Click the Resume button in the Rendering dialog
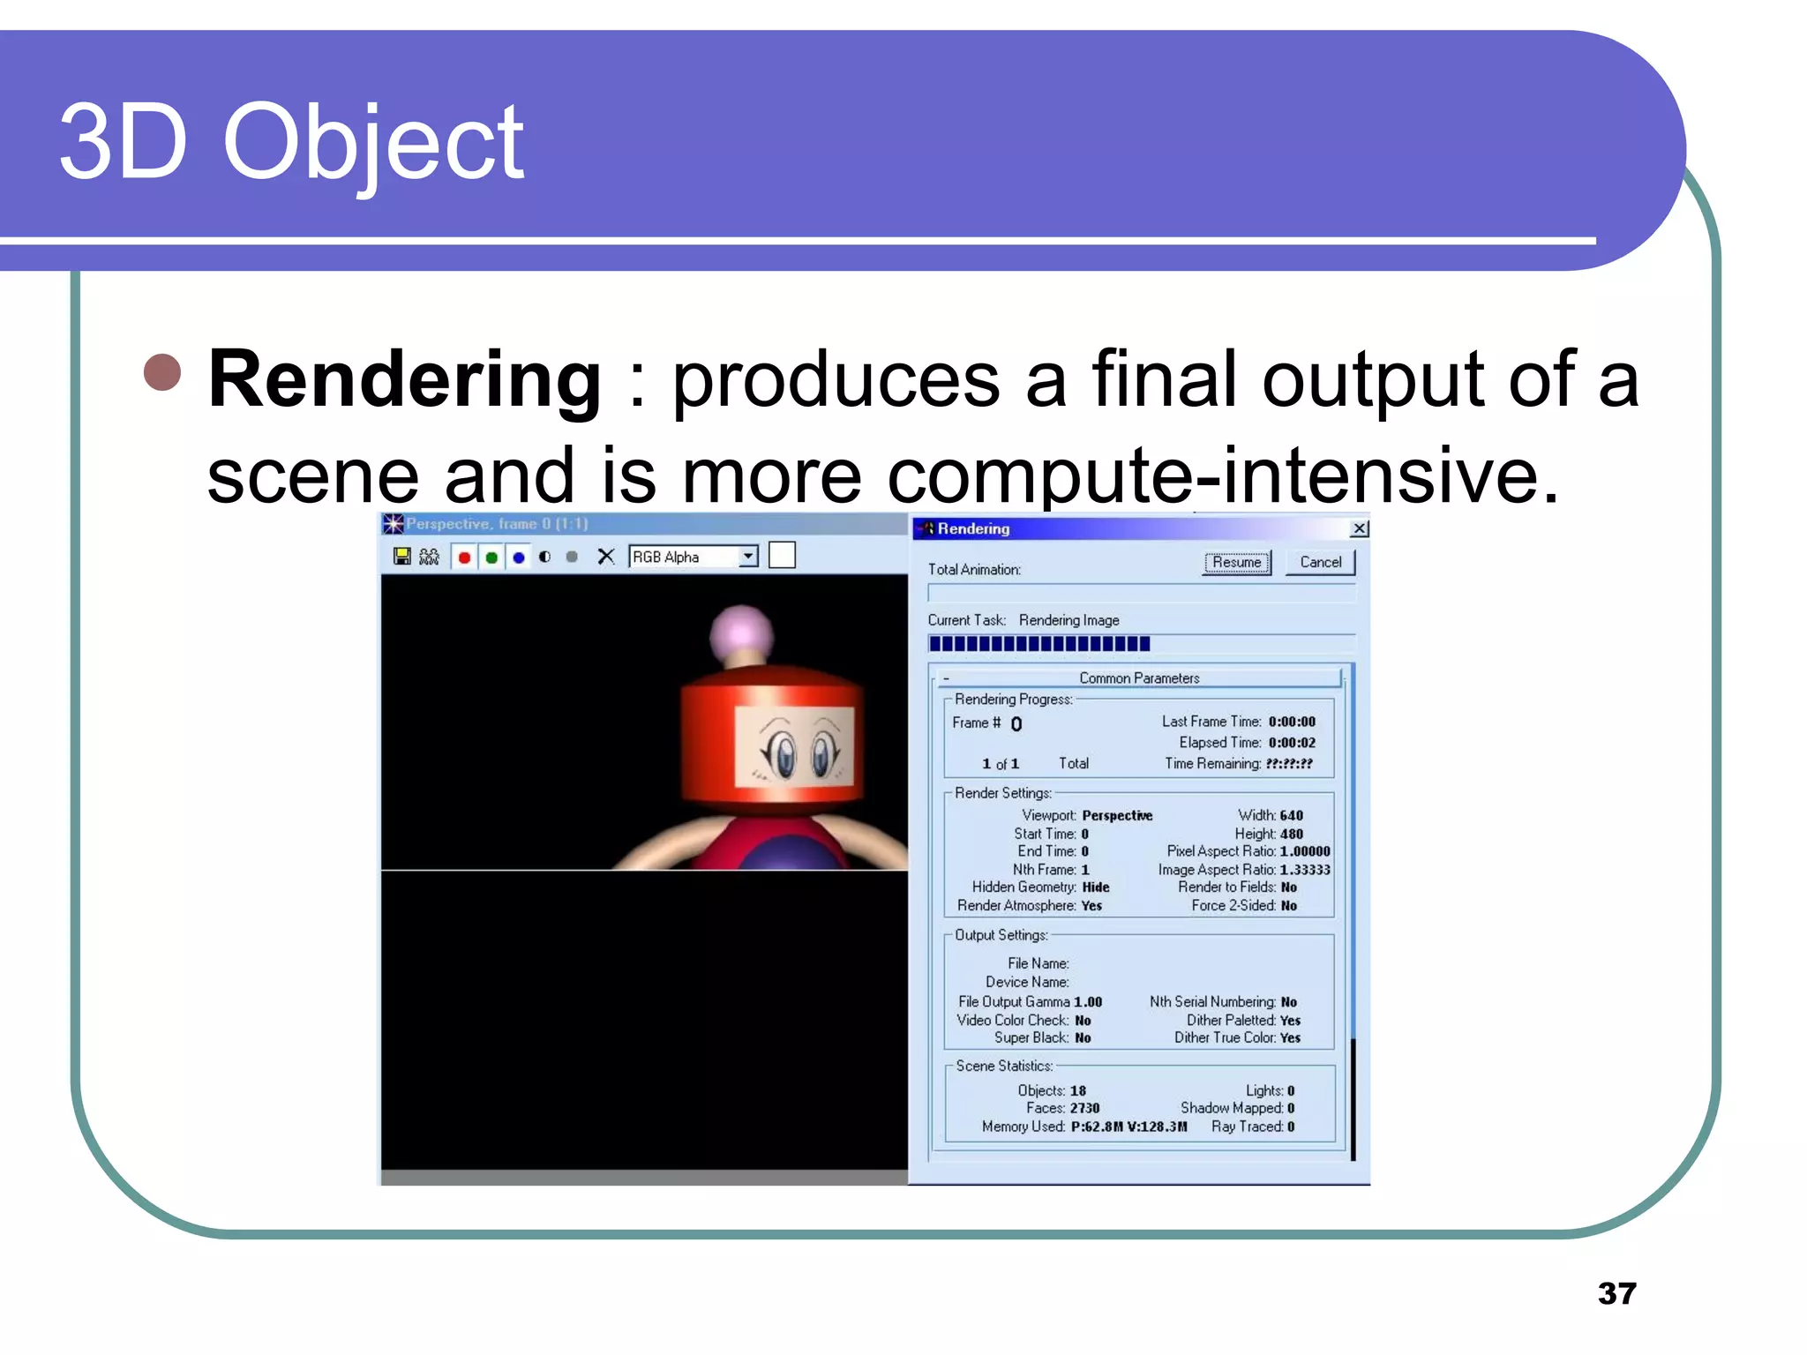click(x=1236, y=563)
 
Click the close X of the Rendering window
click(x=1360, y=528)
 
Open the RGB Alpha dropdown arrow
click(x=748, y=557)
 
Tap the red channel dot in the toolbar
click(x=464, y=558)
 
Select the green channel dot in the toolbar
click(x=491, y=558)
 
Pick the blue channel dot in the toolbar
click(x=519, y=558)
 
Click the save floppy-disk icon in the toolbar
click(x=402, y=557)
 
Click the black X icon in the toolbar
click(x=605, y=557)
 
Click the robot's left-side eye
click(x=783, y=754)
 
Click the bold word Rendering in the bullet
click(x=405, y=379)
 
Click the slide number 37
click(x=1616, y=1293)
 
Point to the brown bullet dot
click(x=162, y=372)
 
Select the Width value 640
click(x=1291, y=815)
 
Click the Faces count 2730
click(x=1084, y=1108)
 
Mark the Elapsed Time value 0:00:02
click(x=1292, y=743)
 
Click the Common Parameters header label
click(x=1139, y=678)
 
